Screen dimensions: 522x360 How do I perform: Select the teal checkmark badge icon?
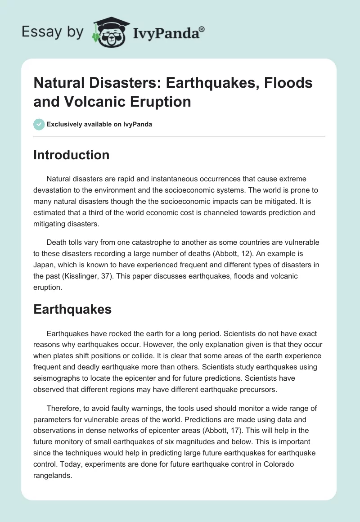pos(39,125)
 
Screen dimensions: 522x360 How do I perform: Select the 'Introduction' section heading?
pos(71,155)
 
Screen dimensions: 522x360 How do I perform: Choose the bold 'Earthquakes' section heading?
pos(72,310)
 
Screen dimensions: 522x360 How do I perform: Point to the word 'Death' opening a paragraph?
pos(57,242)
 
